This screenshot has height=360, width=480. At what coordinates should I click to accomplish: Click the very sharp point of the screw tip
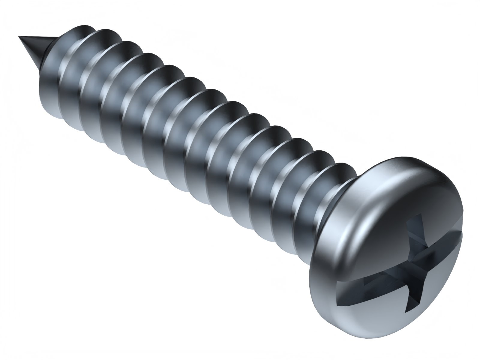click(19, 37)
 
